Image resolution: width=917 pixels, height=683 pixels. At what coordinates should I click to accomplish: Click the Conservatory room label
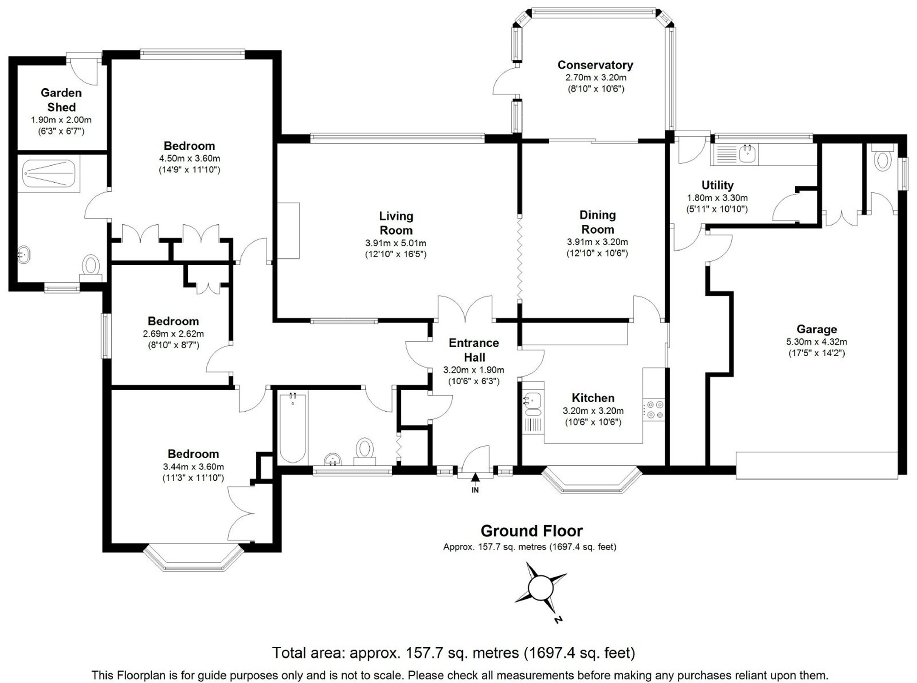tap(595, 65)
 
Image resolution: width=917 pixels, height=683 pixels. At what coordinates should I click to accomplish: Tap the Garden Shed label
tap(61, 100)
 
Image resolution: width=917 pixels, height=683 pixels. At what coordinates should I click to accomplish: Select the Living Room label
tap(396, 223)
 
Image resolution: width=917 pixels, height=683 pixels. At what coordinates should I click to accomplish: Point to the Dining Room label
tap(598, 222)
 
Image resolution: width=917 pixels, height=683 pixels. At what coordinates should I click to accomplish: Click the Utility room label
tap(717, 185)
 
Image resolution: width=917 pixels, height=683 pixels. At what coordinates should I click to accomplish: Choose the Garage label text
tap(817, 329)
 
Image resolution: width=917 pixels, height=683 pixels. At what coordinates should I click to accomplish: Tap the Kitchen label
tap(593, 398)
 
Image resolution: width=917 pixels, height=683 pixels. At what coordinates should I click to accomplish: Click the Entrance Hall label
tap(474, 350)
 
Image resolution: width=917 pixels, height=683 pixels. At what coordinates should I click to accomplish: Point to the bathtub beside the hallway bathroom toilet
tap(293, 428)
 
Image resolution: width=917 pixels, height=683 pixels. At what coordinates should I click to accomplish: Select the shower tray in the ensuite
tap(49, 173)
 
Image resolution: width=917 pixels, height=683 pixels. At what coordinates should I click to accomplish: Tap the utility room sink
tap(748, 153)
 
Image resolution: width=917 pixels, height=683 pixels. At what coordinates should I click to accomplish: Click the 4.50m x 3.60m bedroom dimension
tap(189, 159)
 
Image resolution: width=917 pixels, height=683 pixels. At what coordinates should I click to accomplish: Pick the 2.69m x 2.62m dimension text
tap(173, 334)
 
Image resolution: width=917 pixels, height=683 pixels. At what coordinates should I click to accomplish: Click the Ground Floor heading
tap(532, 531)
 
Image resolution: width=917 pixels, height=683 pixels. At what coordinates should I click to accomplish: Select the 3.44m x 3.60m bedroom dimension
tap(193, 467)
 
